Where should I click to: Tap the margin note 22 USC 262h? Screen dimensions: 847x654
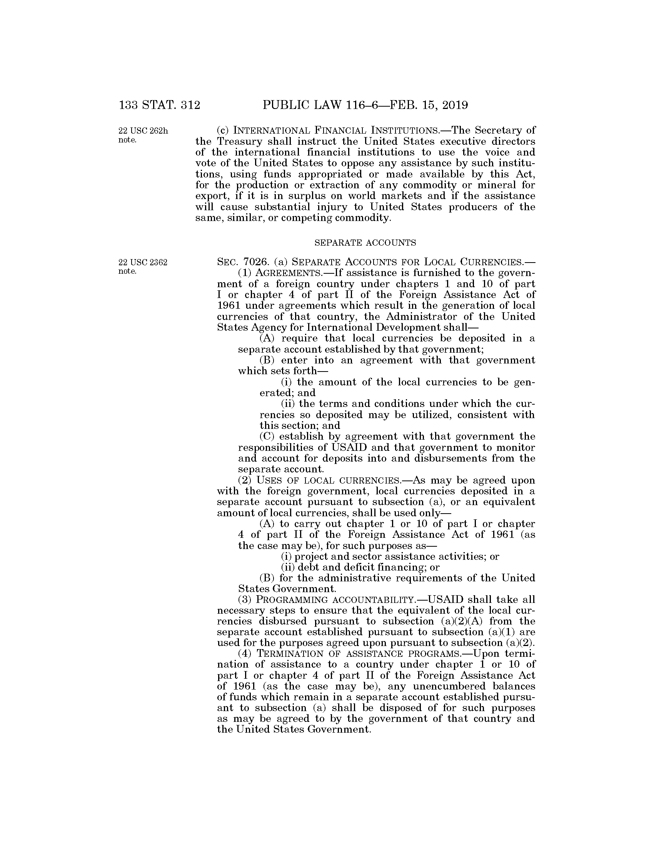tap(143, 131)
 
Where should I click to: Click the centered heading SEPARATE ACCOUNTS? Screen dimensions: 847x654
tap(365, 243)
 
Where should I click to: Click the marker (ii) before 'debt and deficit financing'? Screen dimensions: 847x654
tap(287, 567)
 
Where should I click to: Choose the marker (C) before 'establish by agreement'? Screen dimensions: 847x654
tap(267, 437)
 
